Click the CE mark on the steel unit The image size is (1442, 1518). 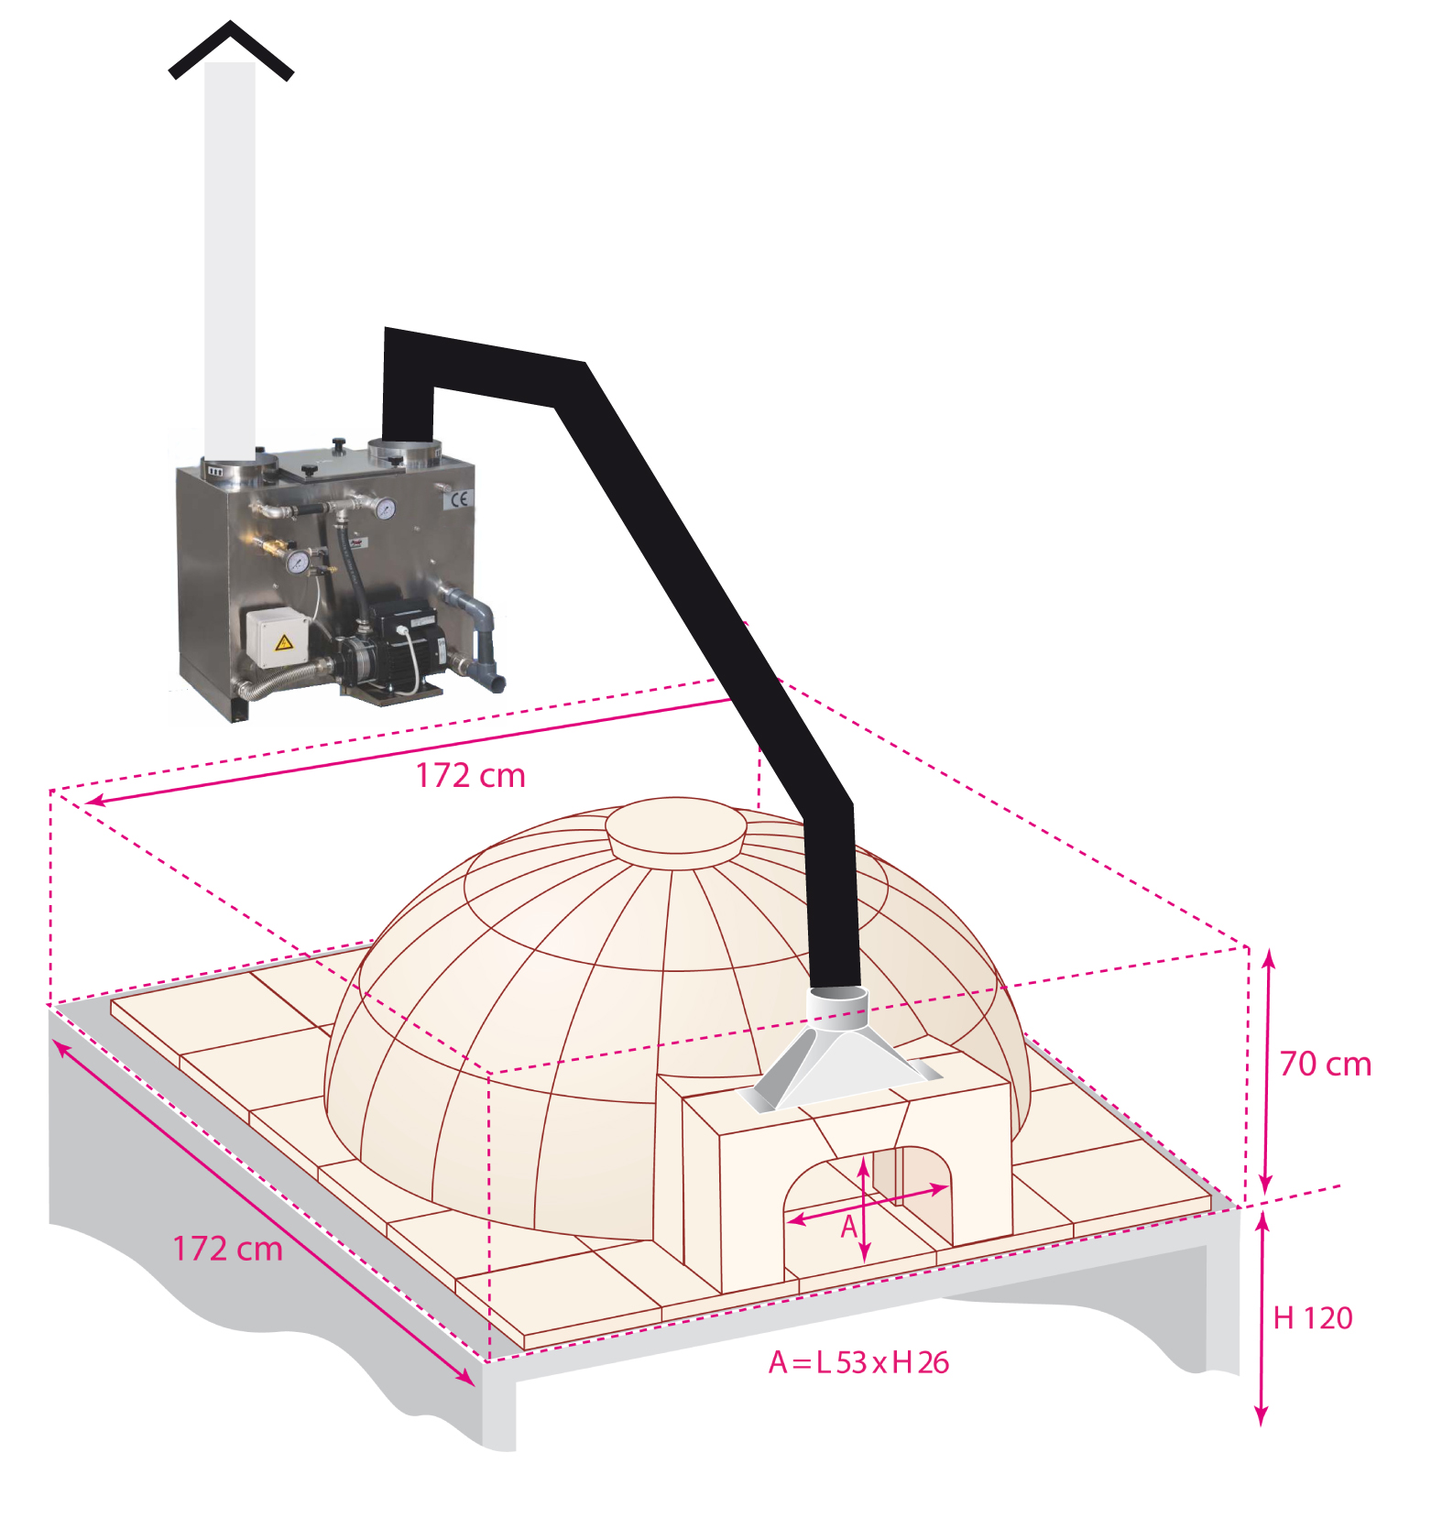tap(459, 499)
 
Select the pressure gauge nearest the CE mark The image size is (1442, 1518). tap(385, 508)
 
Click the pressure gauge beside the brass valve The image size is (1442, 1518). tap(298, 562)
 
